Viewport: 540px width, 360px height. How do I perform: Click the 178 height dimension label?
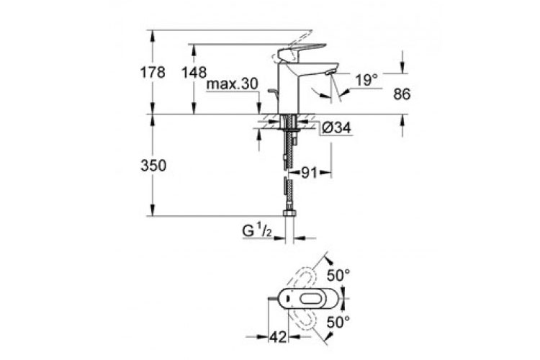click(x=153, y=72)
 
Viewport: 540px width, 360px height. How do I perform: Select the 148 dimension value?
click(x=194, y=72)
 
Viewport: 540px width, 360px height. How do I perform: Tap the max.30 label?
click(x=232, y=84)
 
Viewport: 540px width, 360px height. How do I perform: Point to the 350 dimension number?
click(x=153, y=166)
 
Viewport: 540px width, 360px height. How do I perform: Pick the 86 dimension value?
click(x=402, y=94)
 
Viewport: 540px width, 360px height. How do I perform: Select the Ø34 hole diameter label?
click(x=336, y=128)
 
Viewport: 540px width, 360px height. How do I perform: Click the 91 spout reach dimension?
click(x=309, y=173)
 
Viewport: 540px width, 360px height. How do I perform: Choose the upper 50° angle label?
click(x=338, y=275)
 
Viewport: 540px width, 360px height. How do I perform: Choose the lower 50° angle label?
click(x=338, y=323)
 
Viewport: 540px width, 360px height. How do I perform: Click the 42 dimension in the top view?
click(x=278, y=337)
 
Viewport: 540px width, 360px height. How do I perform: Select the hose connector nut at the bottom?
click(x=289, y=213)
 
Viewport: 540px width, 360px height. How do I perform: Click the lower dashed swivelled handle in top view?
click(x=303, y=318)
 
